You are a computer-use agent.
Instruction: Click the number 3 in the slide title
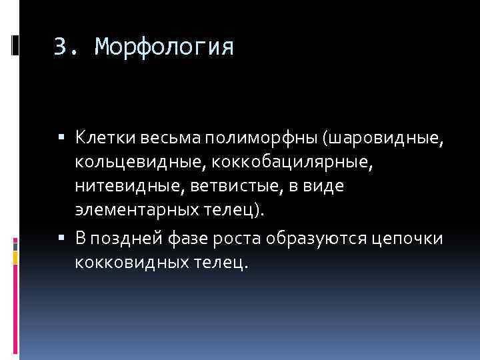(x=61, y=47)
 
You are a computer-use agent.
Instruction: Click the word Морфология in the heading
(x=164, y=47)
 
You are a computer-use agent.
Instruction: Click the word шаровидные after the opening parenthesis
(x=378, y=137)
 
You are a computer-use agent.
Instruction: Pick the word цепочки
(x=407, y=238)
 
